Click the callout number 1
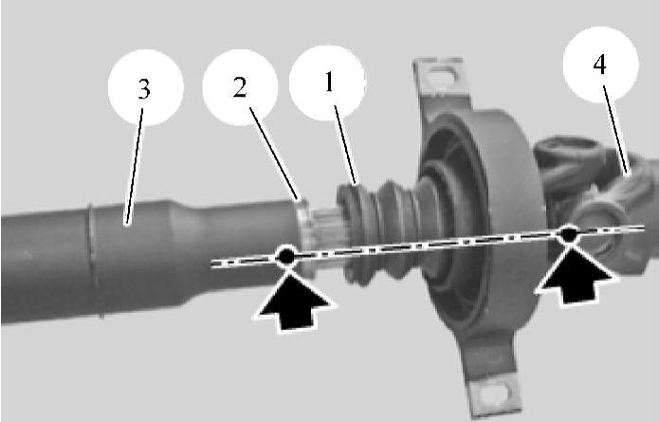(329, 82)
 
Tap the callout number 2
(240, 88)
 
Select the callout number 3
(144, 89)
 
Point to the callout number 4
(600, 64)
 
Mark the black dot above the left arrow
(285, 256)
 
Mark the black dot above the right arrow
(569, 234)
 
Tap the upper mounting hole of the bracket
(441, 78)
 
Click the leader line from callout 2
(274, 154)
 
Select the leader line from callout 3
(135, 166)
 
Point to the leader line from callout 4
(616, 130)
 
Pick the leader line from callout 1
(345, 145)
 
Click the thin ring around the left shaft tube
(96, 261)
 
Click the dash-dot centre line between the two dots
(428, 245)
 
